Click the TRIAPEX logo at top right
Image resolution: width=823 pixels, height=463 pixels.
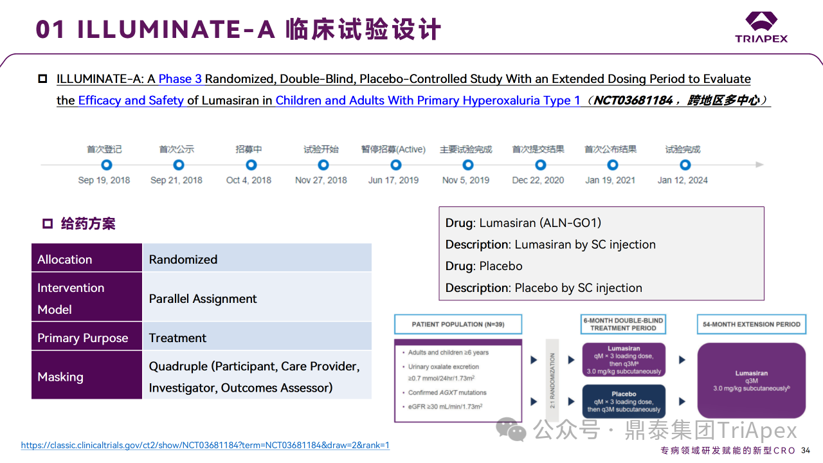click(761, 27)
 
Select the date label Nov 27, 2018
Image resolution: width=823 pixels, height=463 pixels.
click(321, 180)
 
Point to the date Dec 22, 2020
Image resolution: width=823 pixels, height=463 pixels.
click(538, 180)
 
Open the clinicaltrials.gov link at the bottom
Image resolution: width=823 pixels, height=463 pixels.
click(205, 445)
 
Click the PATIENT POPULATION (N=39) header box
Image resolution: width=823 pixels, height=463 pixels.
click(458, 324)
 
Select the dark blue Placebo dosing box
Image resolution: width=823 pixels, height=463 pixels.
click(624, 402)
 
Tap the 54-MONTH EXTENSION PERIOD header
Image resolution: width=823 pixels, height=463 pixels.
click(751, 324)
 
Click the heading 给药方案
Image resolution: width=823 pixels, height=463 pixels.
click(88, 224)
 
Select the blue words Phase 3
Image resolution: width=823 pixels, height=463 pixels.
click(180, 79)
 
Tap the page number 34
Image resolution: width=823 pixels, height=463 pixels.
click(806, 450)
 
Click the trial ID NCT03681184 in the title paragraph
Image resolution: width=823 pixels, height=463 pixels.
click(633, 100)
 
